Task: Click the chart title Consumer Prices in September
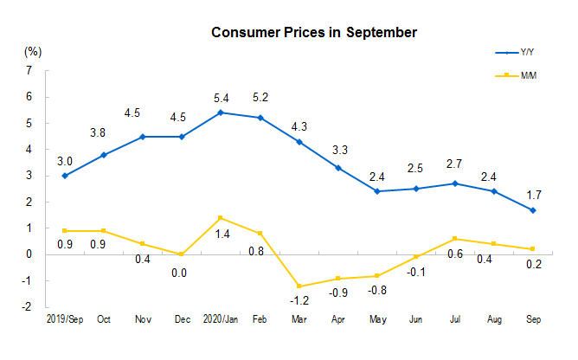click(x=315, y=33)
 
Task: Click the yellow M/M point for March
click(x=299, y=286)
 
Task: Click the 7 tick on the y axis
click(x=29, y=70)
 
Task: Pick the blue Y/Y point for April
click(x=337, y=168)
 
